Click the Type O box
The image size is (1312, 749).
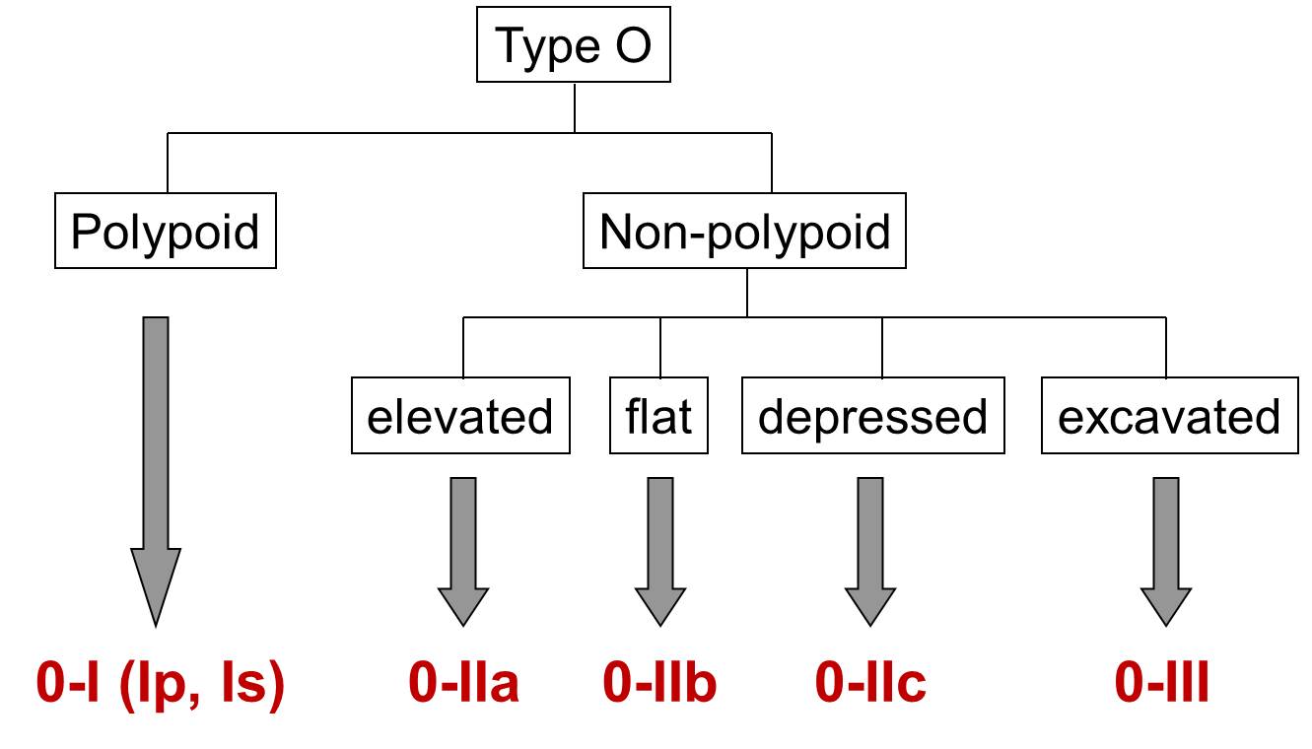(574, 44)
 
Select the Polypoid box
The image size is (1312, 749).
(166, 231)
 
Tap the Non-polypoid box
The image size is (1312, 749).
(744, 231)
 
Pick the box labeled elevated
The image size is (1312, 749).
(460, 415)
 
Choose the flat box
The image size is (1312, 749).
(658, 415)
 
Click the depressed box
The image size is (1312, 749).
(872, 415)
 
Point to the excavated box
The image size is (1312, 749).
(1170, 415)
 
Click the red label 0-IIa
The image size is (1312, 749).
(463, 682)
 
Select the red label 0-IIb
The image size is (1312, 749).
(659, 682)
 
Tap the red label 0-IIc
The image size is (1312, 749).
(870, 682)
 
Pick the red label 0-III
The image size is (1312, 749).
(1161, 682)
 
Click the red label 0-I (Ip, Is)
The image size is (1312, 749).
(161, 685)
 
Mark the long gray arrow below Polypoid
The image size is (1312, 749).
(156, 472)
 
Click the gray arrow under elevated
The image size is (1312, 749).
(463, 552)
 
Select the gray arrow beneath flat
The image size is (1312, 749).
(660, 552)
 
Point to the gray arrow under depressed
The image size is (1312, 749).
(870, 552)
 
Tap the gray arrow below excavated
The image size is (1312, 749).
(1166, 552)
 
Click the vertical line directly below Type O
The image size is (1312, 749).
(575, 107)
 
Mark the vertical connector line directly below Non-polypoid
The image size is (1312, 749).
(747, 293)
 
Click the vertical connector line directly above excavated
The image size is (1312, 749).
(1166, 347)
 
